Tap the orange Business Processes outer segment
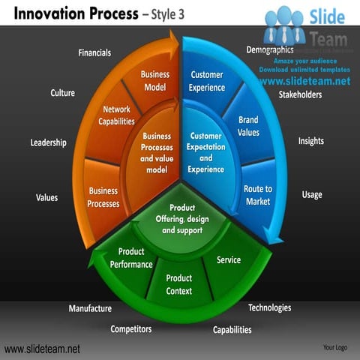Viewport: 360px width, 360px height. point(103,197)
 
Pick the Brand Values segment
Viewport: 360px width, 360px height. point(248,126)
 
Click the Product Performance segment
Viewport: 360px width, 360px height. point(131,258)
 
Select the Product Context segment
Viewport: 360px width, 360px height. point(179,284)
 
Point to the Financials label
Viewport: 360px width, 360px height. point(94,52)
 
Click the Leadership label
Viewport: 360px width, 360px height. point(48,142)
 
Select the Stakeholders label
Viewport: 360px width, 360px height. point(300,95)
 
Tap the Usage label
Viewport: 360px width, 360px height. point(312,195)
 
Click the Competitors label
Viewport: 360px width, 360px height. point(130,328)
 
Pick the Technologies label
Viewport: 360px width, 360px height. point(269,307)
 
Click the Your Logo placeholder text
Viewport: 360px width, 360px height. point(334,348)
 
